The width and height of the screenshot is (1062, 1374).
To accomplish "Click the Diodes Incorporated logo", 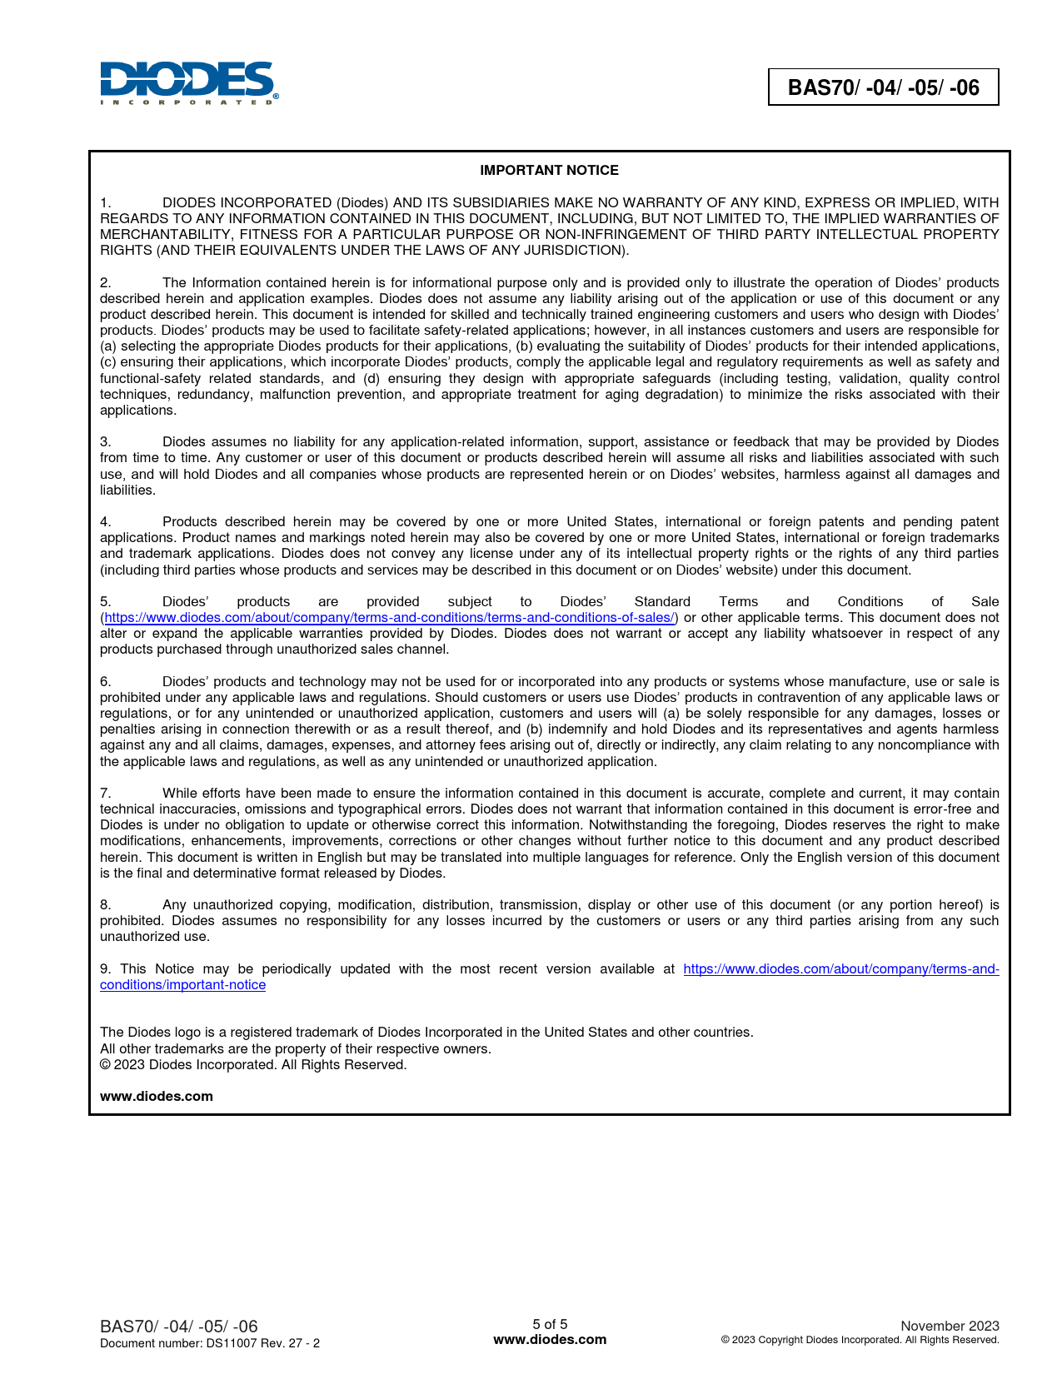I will pos(189,82).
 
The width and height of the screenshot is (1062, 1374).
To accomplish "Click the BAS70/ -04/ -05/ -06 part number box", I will pos(883,87).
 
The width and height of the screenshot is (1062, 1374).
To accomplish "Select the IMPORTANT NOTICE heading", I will pos(549,170).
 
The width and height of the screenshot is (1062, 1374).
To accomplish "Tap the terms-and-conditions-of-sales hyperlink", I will pos(389,617).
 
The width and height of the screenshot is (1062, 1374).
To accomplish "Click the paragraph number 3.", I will pos(105,441).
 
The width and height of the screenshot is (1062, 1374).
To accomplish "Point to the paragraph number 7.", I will pos(105,793).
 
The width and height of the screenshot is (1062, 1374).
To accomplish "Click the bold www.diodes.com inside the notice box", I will pos(157,1096).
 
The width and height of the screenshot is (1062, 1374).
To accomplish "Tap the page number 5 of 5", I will pos(550,1324).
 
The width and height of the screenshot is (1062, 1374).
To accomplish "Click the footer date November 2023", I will pos(950,1326).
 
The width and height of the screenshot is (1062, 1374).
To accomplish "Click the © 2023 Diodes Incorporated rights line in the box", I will pos(253,1064).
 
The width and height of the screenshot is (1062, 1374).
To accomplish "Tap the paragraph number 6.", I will pos(105,681).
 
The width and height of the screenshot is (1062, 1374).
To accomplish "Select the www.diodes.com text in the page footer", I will pos(550,1340).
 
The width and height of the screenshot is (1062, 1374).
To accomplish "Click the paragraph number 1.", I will pos(105,202).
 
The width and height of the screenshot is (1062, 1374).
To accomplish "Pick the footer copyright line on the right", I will pos(860,1340).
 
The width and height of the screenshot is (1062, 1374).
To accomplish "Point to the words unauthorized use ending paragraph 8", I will pos(155,936).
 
